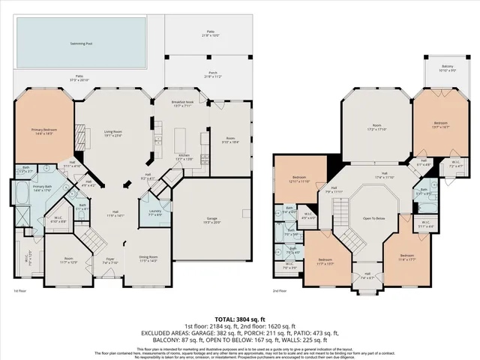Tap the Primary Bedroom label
(43, 130)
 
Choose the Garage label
(211, 220)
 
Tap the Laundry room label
(155, 213)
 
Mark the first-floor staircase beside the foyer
(94, 240)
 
